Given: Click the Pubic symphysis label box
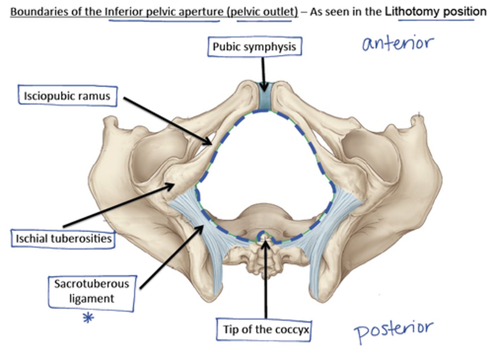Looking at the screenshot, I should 254,47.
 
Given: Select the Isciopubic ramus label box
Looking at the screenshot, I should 67,96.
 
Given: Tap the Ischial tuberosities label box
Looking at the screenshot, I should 63,238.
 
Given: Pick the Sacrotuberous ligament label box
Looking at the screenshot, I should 91,291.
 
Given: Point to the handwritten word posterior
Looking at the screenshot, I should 394,330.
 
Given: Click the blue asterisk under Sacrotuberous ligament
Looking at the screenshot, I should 88,318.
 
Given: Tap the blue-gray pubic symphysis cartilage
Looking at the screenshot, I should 264,98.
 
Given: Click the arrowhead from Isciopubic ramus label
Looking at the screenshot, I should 209,142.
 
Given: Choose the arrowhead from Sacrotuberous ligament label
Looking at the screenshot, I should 201,228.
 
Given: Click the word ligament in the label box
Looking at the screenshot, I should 91,299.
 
